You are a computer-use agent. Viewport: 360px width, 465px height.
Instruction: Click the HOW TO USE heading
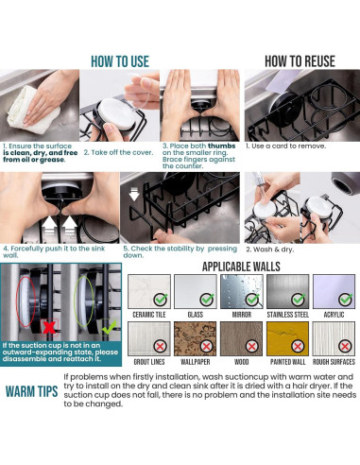[120, 61]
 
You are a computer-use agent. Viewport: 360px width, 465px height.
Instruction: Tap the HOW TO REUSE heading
[300, 61]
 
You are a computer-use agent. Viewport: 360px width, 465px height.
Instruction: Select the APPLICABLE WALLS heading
[241, 267]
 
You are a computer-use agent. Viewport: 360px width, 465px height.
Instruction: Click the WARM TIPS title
[31, 391]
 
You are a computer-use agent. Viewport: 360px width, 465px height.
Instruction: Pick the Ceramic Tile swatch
[149, 291]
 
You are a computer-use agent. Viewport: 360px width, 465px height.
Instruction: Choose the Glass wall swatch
[196, 291]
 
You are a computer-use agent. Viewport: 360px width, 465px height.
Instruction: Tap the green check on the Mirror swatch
[252, 300]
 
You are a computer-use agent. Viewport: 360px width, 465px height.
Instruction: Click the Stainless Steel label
[288, 315]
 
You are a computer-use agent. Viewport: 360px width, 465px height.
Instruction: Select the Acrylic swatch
[334, 291]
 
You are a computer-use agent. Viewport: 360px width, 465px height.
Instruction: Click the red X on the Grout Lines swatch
[160, 347]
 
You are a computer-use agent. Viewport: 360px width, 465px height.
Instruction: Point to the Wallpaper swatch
[196, 338]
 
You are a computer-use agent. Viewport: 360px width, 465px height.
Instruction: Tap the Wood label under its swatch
[242, 362]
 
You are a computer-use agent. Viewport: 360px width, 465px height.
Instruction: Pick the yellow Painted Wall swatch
[287, 338]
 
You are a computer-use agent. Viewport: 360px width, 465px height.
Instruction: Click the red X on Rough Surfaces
[345, 347]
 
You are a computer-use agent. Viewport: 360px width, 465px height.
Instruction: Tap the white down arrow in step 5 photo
[134, 195]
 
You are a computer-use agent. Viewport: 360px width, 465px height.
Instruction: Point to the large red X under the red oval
[49, 328]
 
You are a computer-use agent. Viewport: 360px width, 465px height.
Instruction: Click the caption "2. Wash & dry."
[270, 250]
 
